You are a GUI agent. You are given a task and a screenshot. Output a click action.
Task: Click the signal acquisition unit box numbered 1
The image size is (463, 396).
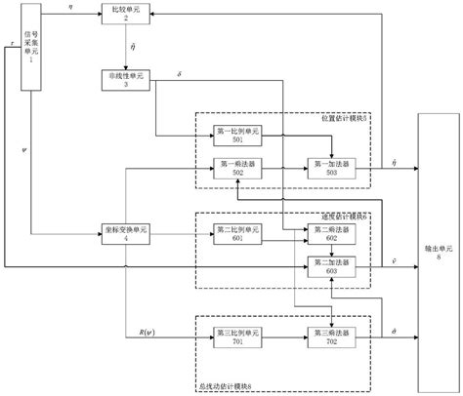coord(28,47)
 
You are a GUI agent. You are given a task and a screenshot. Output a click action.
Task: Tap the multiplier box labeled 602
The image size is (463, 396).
coord(328,234)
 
